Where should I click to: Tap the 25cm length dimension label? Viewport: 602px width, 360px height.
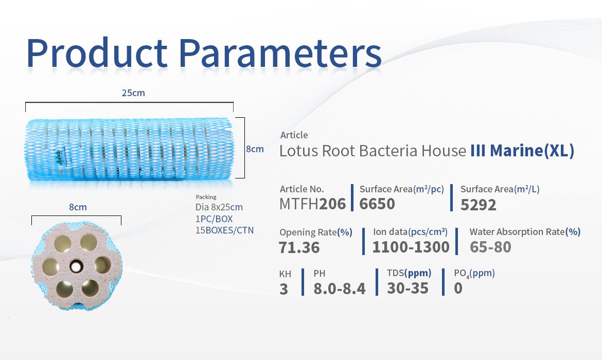tap(133, 93)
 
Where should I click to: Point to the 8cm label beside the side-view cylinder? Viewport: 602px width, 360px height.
tap(255, 149)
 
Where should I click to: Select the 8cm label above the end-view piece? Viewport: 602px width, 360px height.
tap(78, 207)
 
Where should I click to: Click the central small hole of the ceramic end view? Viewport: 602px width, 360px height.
tap(76, 265)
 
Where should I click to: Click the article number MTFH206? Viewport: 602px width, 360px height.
tap(312, 204)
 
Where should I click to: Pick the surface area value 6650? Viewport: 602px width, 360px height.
tap(377, 204)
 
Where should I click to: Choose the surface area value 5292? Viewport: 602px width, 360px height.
tap(479, 205)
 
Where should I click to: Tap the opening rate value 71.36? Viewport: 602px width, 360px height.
tap(299, 247)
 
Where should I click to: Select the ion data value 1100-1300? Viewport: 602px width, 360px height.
tap(411, 247)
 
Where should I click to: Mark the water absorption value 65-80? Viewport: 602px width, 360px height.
tap(490, 247)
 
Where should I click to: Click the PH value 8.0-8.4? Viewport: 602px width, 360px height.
tap(340, 289)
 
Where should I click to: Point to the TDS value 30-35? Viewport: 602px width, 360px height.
tap(408, 288)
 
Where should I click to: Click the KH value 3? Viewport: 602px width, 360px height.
tap(284, 289)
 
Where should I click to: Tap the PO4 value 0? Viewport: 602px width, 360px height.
tap(458, 288)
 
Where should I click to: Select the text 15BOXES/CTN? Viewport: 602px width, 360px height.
tap(225, 230)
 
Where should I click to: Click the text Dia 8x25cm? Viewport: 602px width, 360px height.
tap(219, 207)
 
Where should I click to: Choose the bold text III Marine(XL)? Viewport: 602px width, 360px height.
tap(523, 151)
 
